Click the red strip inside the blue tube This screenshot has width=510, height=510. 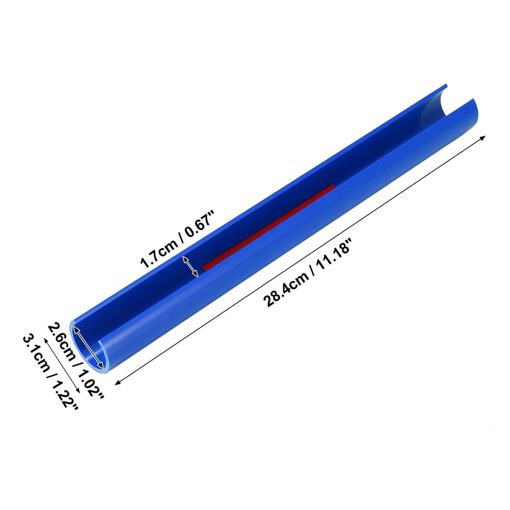(x=268, y=228)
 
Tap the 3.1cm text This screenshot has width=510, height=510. (x=36, y=354)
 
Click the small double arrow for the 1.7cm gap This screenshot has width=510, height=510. (x=190, y=266)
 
